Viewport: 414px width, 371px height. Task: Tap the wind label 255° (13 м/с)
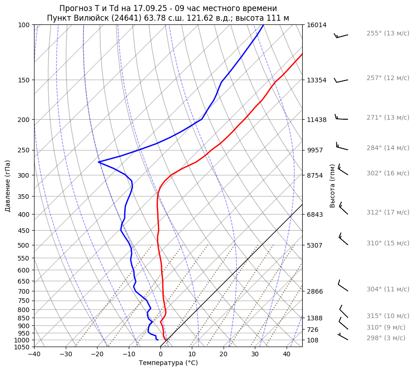tap(387, 33)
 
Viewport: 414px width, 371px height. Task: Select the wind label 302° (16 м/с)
tap(387, 173)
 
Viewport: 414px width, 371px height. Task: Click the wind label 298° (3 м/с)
tap(385, 338)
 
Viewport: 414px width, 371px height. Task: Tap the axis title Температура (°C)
tap(168, 363)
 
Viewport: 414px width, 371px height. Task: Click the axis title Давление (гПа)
tap(8, 186)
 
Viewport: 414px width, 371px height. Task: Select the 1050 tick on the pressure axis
tap(23, 347)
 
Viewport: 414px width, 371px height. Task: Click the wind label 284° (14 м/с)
tap(387, 148)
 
